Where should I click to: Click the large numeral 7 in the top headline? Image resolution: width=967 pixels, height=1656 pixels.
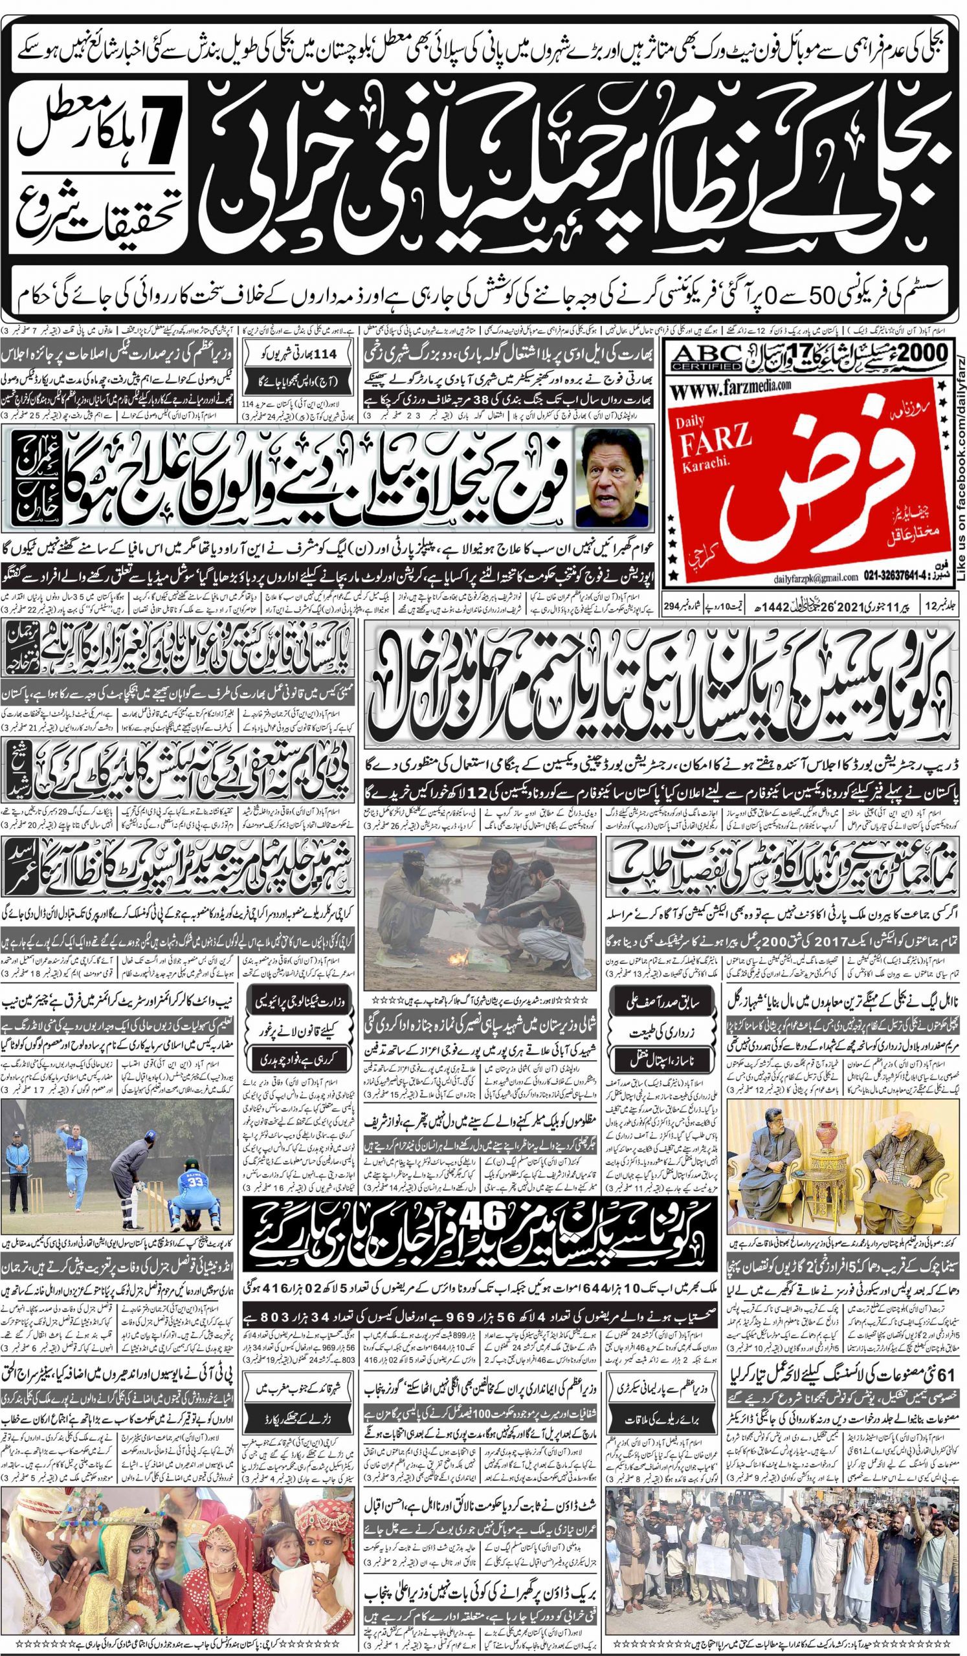pyautogui.click(x=160, y=113)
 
